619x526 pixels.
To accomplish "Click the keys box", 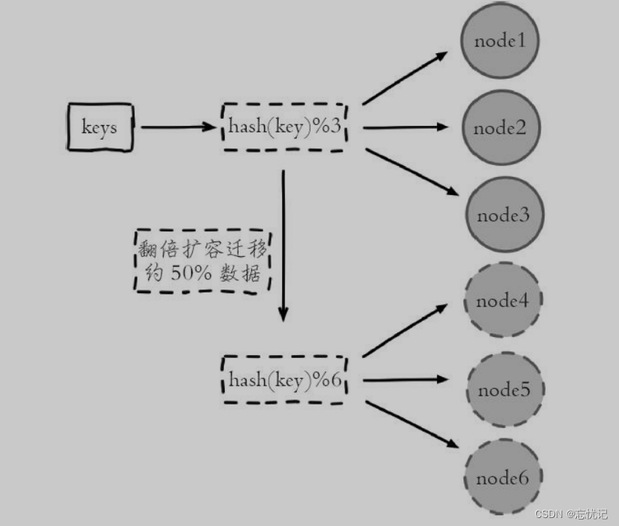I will point(99,127).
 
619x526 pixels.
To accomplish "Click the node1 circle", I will point(500,41).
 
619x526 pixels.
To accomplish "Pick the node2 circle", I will point(500,129).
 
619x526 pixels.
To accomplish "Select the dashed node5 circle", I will point(503,391).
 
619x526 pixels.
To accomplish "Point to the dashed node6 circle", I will point(502,478).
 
